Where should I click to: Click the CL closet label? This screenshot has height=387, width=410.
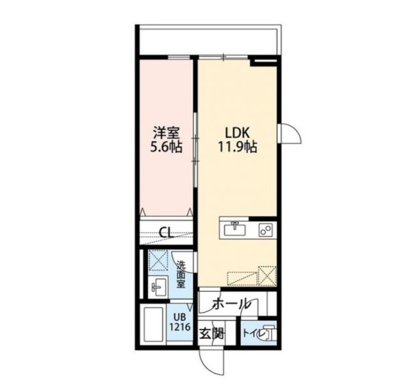[165, 232]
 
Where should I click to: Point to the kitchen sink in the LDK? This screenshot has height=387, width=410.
[234, 228]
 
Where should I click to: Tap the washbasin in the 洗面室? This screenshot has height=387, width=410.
[158, 286]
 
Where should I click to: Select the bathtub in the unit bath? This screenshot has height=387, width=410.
[153, 325]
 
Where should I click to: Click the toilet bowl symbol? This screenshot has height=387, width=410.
[268, 333]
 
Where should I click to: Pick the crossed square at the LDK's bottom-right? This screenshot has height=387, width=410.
[267, 276]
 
